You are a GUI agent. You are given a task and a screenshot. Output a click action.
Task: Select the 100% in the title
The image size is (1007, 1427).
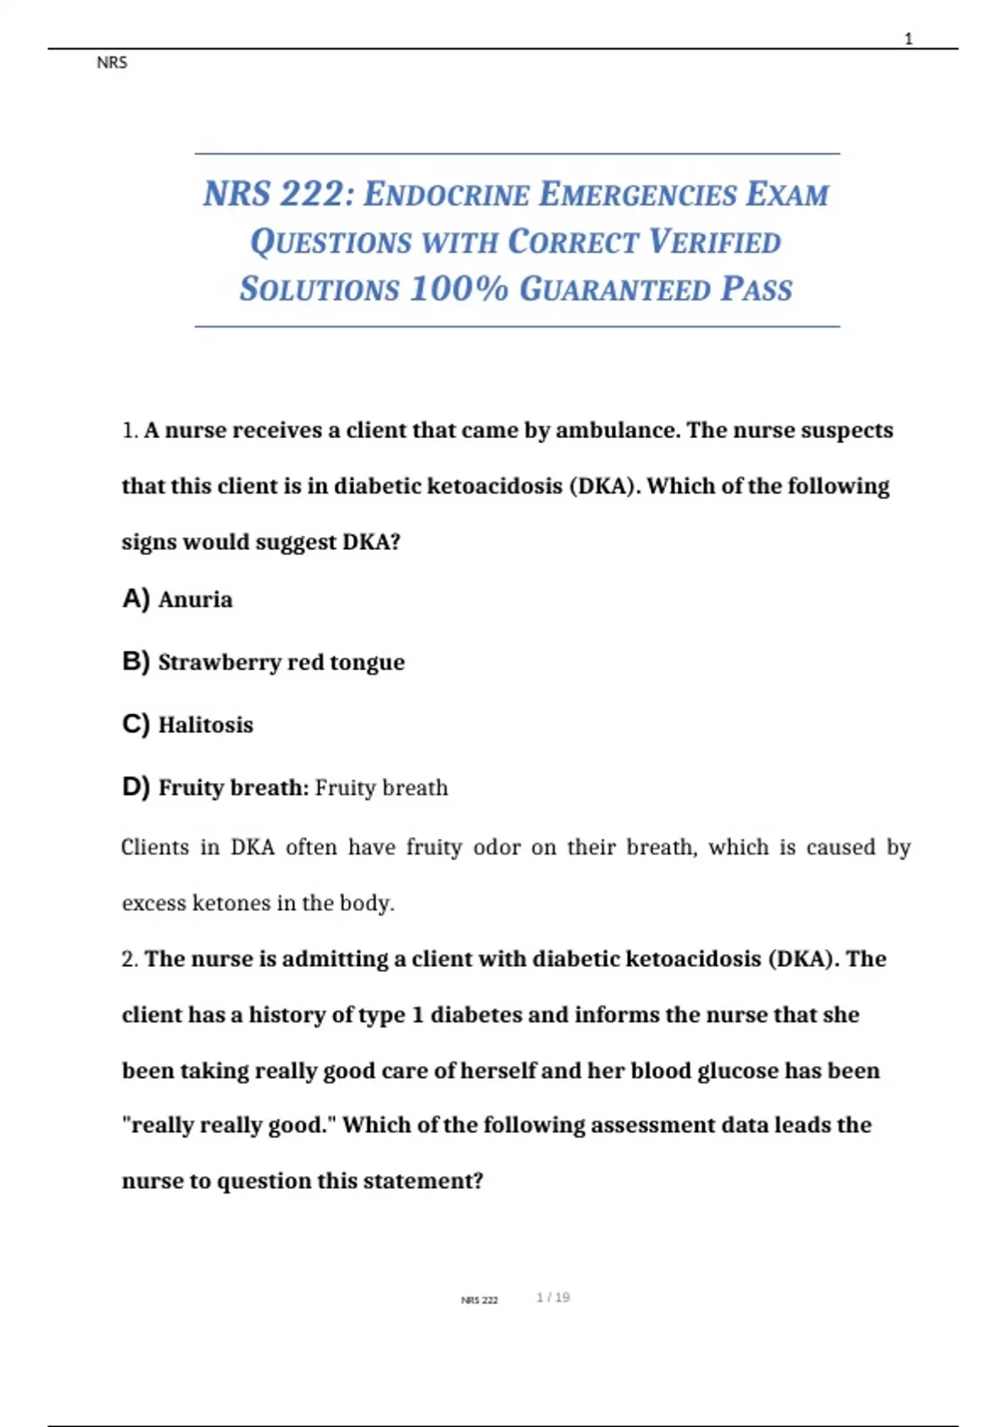(x=459, y=289)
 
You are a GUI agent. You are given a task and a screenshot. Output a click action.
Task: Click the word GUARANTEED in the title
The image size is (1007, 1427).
(x=615, y=290)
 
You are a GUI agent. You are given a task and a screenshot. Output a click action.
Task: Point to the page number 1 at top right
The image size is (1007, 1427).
(x=908, y=39)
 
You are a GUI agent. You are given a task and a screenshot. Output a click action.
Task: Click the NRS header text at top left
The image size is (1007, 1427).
(x=112, y=63)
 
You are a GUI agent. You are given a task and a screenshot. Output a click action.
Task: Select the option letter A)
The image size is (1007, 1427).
(x=136, y=599)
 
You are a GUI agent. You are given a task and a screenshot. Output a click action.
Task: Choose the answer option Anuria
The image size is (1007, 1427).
(x=196, y=599)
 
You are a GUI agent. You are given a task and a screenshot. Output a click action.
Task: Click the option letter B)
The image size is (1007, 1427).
(x=136, y=661)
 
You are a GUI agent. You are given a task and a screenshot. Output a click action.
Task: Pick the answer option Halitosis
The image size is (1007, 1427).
(x=206, y=724)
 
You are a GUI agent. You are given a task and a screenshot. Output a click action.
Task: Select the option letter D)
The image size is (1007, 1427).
(x=136, y=787)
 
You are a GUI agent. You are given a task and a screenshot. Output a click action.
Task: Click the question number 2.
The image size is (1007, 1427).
(x=128, y=959)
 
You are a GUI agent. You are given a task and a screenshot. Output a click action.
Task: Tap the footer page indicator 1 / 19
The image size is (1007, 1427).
(x=553, y=1298)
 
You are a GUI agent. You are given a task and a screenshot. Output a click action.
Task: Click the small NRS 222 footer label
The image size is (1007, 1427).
(x=479, y=1300)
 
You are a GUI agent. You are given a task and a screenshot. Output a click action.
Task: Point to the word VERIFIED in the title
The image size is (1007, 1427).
(x=715, y=243)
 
